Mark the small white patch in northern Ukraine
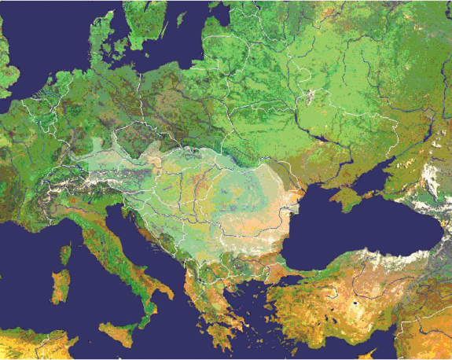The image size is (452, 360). pos(311,97)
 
